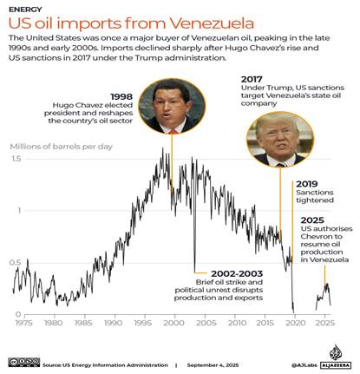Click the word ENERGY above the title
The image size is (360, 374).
[25, 10]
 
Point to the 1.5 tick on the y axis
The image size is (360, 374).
[16, 159]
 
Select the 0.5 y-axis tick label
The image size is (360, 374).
[16, 263]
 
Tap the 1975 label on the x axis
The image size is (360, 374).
[23, 323]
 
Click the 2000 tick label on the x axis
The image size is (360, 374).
[173, 323]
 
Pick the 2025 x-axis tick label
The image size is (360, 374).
[324, 323]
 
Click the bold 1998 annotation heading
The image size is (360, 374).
[121, 96]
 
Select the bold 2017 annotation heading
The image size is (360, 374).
[252, 79]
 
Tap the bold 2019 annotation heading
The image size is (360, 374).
[307, 184]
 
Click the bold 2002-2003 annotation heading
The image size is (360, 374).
[237, 273]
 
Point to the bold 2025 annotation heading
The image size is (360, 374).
[312, 220]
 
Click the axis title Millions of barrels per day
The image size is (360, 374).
[62, 147]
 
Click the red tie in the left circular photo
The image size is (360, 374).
[173, 132]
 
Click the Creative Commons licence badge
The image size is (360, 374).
[24, 362]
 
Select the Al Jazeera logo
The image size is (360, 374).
[336, 357]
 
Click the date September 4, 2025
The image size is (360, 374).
[213, 365]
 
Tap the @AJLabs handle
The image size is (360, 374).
[304, 365]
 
